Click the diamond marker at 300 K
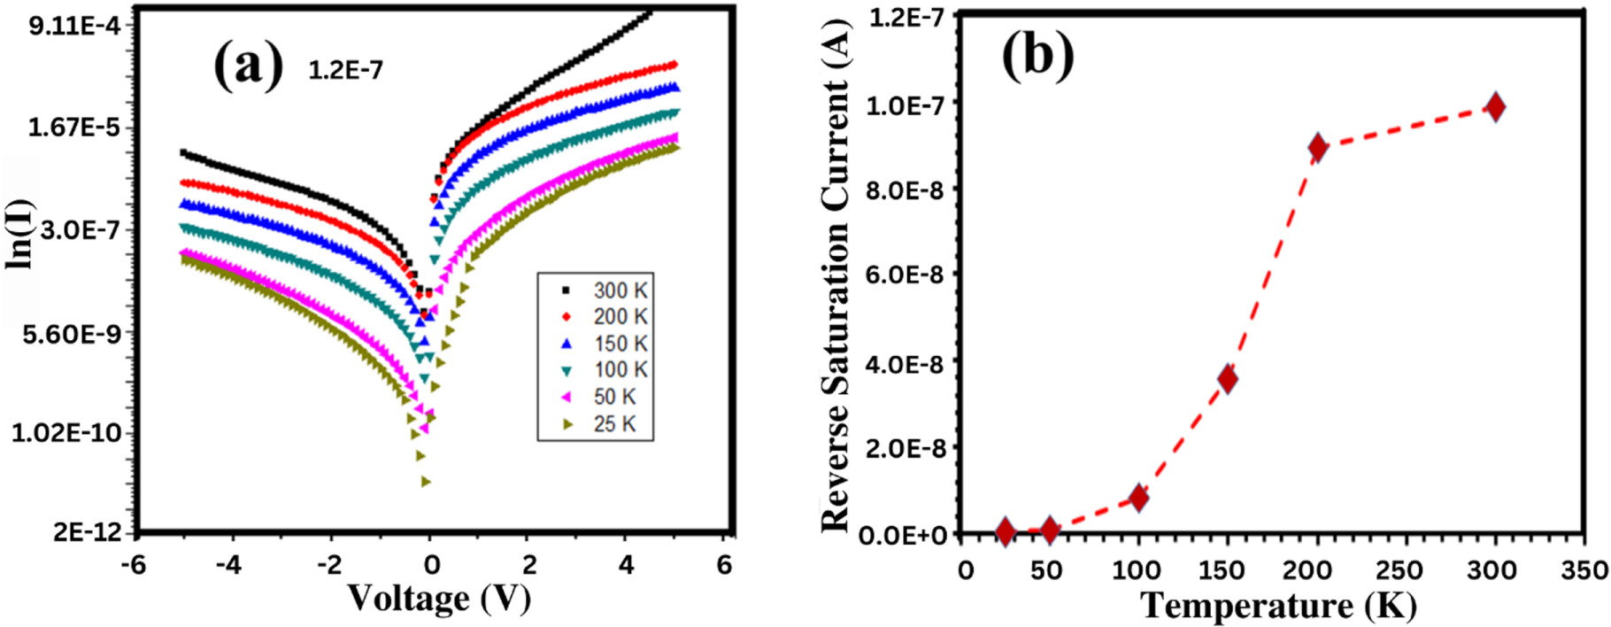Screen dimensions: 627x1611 [x=1495, y=107]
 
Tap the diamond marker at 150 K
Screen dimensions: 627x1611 [x=1227, y=379]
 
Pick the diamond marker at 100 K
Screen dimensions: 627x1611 [x=1138, y=498]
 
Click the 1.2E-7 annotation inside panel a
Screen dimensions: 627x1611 [x=345, y=70]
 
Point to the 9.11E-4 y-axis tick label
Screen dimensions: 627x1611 [x=74, y=26]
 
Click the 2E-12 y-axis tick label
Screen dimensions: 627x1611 [x=86, y=531]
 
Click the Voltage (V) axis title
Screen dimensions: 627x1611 [x=438, y=599]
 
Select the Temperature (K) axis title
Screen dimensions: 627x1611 [x=1278, y=607]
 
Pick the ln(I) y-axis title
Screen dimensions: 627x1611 [x=20, y=234]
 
